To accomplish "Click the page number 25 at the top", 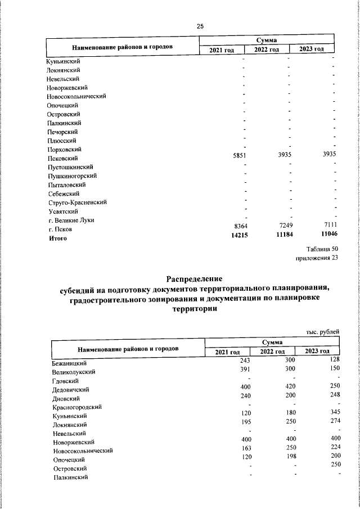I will [200, 26].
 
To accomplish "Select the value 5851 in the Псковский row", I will [240, 157].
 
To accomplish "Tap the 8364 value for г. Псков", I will [240, 227].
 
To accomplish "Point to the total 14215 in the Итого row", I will [240, 236].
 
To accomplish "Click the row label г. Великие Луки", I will [71, 220].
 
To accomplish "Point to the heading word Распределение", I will [195, 279].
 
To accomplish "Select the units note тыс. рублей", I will [323, 332].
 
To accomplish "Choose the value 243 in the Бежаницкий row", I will [245, 360].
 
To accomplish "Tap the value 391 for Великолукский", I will [245, 370].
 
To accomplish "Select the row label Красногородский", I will [77, 407].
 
